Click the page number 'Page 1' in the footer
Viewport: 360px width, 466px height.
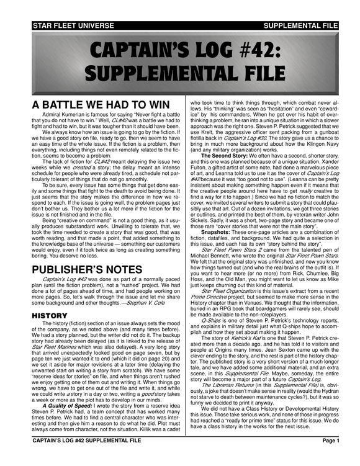[330, 457]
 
